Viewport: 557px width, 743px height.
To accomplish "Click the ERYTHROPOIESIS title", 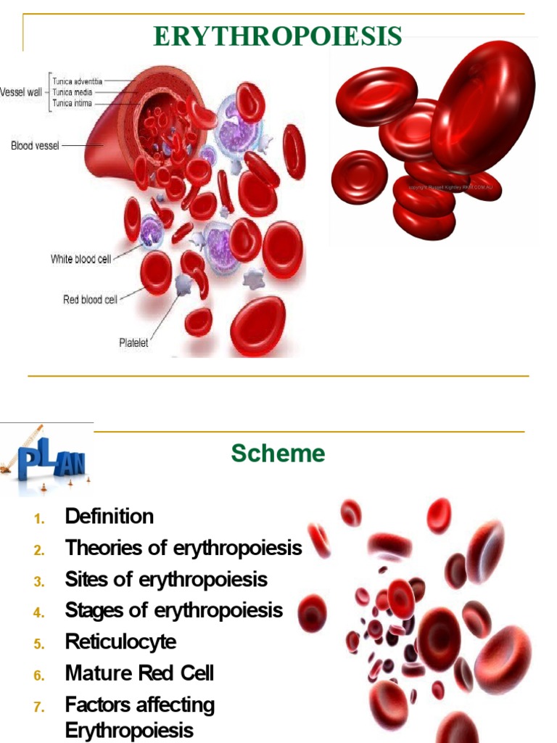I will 278,36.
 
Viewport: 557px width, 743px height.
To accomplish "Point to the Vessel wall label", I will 21,93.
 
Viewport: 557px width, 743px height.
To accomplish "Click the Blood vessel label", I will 34,145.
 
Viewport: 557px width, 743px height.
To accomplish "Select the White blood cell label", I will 81,259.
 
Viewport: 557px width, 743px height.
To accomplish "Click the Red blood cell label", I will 89,299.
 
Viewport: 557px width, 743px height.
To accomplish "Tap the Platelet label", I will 133,342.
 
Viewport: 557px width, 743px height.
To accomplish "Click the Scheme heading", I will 278,453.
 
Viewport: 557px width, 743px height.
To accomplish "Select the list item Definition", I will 110,517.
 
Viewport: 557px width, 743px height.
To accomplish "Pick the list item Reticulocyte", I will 120,641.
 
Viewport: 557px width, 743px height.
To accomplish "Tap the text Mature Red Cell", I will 139,673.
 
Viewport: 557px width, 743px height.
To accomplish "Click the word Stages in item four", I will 88,610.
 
